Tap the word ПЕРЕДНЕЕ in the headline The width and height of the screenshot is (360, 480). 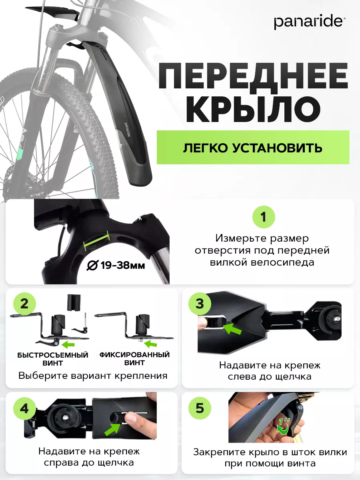pyautogui.click(x=253, y=76)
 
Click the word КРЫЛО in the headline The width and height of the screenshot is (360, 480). pyautogui.click(x=253, y=109)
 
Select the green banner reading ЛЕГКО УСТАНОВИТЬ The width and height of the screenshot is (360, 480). pyautogui.click(x=253, y=147)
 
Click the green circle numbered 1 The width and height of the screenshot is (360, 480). pyautogui.click(x=263, y=217)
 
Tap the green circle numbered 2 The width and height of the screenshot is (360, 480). pyautogui.click(x=24, y=304)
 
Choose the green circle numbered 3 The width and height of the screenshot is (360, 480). pyautogui.click(x=200, y=304)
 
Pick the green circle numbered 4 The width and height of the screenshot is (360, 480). pyautogui.click(x=24, y=408)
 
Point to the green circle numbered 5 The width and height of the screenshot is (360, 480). pyautogui.click(x=200, y=408)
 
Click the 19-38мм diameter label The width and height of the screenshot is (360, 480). pyautogui.click(x=116, y=266)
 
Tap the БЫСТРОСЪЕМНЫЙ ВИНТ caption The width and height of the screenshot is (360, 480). pyautogui.click(x=53, y=359)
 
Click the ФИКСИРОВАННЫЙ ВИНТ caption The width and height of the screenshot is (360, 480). pyautogui.click(x=134, y=359)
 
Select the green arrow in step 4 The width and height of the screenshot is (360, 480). pyautogui.click(x=112, y=429)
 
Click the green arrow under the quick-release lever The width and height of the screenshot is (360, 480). pyautogui.click(x=68, y=345)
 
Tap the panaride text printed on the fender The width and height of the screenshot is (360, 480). pyautogui.click(x=127, y=130)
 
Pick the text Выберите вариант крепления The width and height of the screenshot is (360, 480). pyautogui.click(x=93, y=376)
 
